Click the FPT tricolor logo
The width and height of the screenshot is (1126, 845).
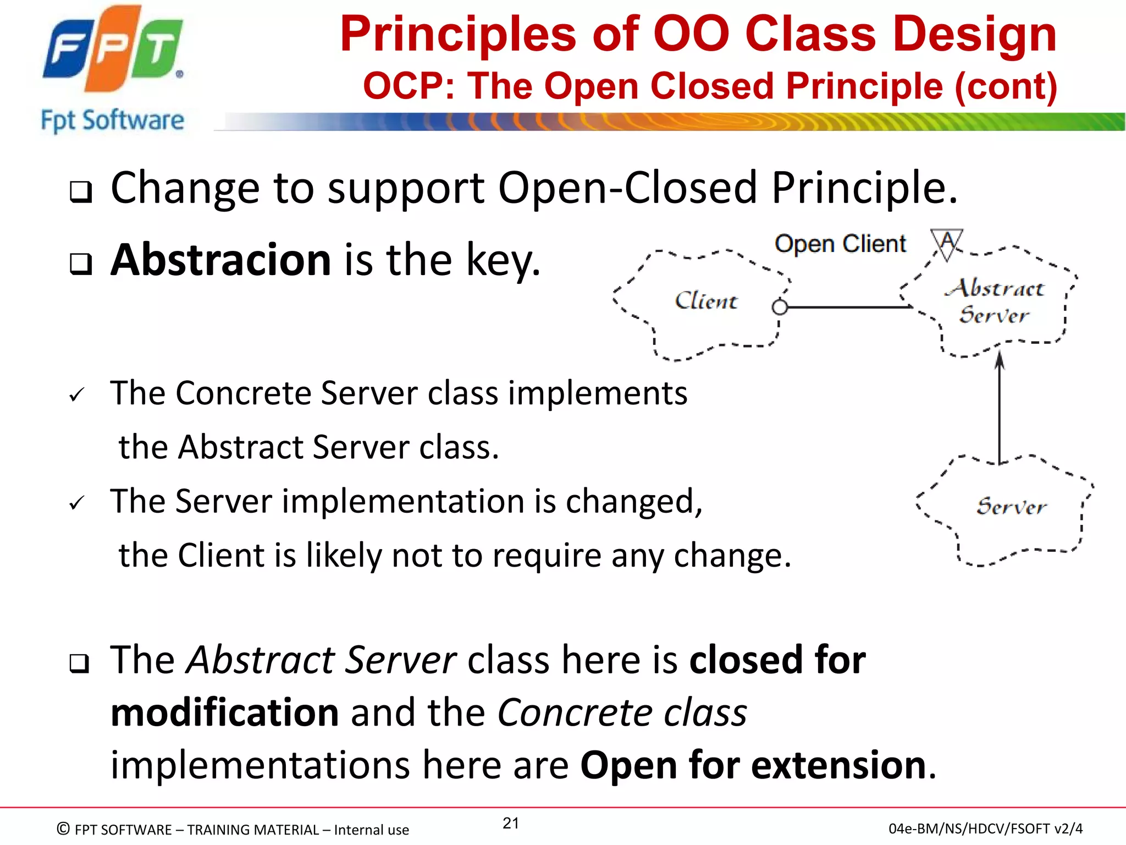(x=113, y=50)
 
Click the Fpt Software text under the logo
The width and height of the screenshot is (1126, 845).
(x=113, y=120)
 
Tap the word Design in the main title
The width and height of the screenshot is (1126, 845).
(x=974, y=35)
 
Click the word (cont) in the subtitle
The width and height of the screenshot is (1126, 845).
(x=1006, y=87)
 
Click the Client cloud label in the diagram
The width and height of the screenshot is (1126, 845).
(x=706, y=301)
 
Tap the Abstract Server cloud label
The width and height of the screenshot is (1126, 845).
(x=994, y=301)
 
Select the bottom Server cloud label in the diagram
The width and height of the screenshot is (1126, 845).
(x=1011, y=506)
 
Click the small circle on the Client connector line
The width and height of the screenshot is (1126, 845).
(x=780, y=307)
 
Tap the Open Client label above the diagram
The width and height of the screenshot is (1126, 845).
(x=840, y=244)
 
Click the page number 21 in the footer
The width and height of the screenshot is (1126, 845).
(x=511, y=823)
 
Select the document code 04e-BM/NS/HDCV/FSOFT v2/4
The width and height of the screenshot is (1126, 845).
(x=985, y=828)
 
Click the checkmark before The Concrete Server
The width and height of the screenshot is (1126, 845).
(x=76, y=394)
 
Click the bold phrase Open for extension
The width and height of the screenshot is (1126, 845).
(x=753, y=765)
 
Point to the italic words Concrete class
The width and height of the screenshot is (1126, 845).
(x=622, y=712)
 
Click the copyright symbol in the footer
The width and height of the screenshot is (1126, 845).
(x=64, y=828)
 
